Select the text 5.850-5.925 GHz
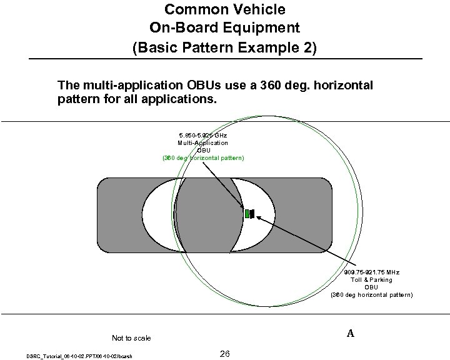click(x=202, y=135)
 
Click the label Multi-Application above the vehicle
click(x=202, y=142)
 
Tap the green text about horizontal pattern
click(x=203, y=157)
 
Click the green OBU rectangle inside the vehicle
click(x=247, y=214)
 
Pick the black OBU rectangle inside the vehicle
click(x=252, y=214)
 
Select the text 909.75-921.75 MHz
click(x=371, y=272)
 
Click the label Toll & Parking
click(x=371, y=280)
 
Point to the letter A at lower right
click(x=351, y=334)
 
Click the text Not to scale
click(x=131, y=338)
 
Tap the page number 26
click(x=225, y=354)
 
